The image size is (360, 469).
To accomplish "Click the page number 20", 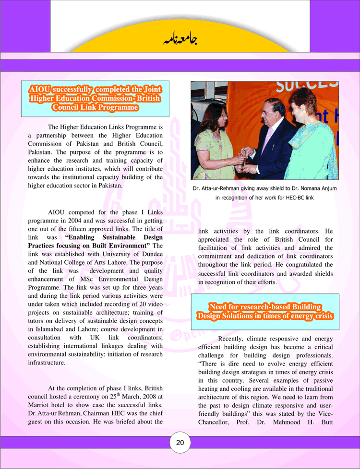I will click(x=180, y=443).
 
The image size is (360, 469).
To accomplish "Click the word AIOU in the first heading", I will click(x=39, y=90).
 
